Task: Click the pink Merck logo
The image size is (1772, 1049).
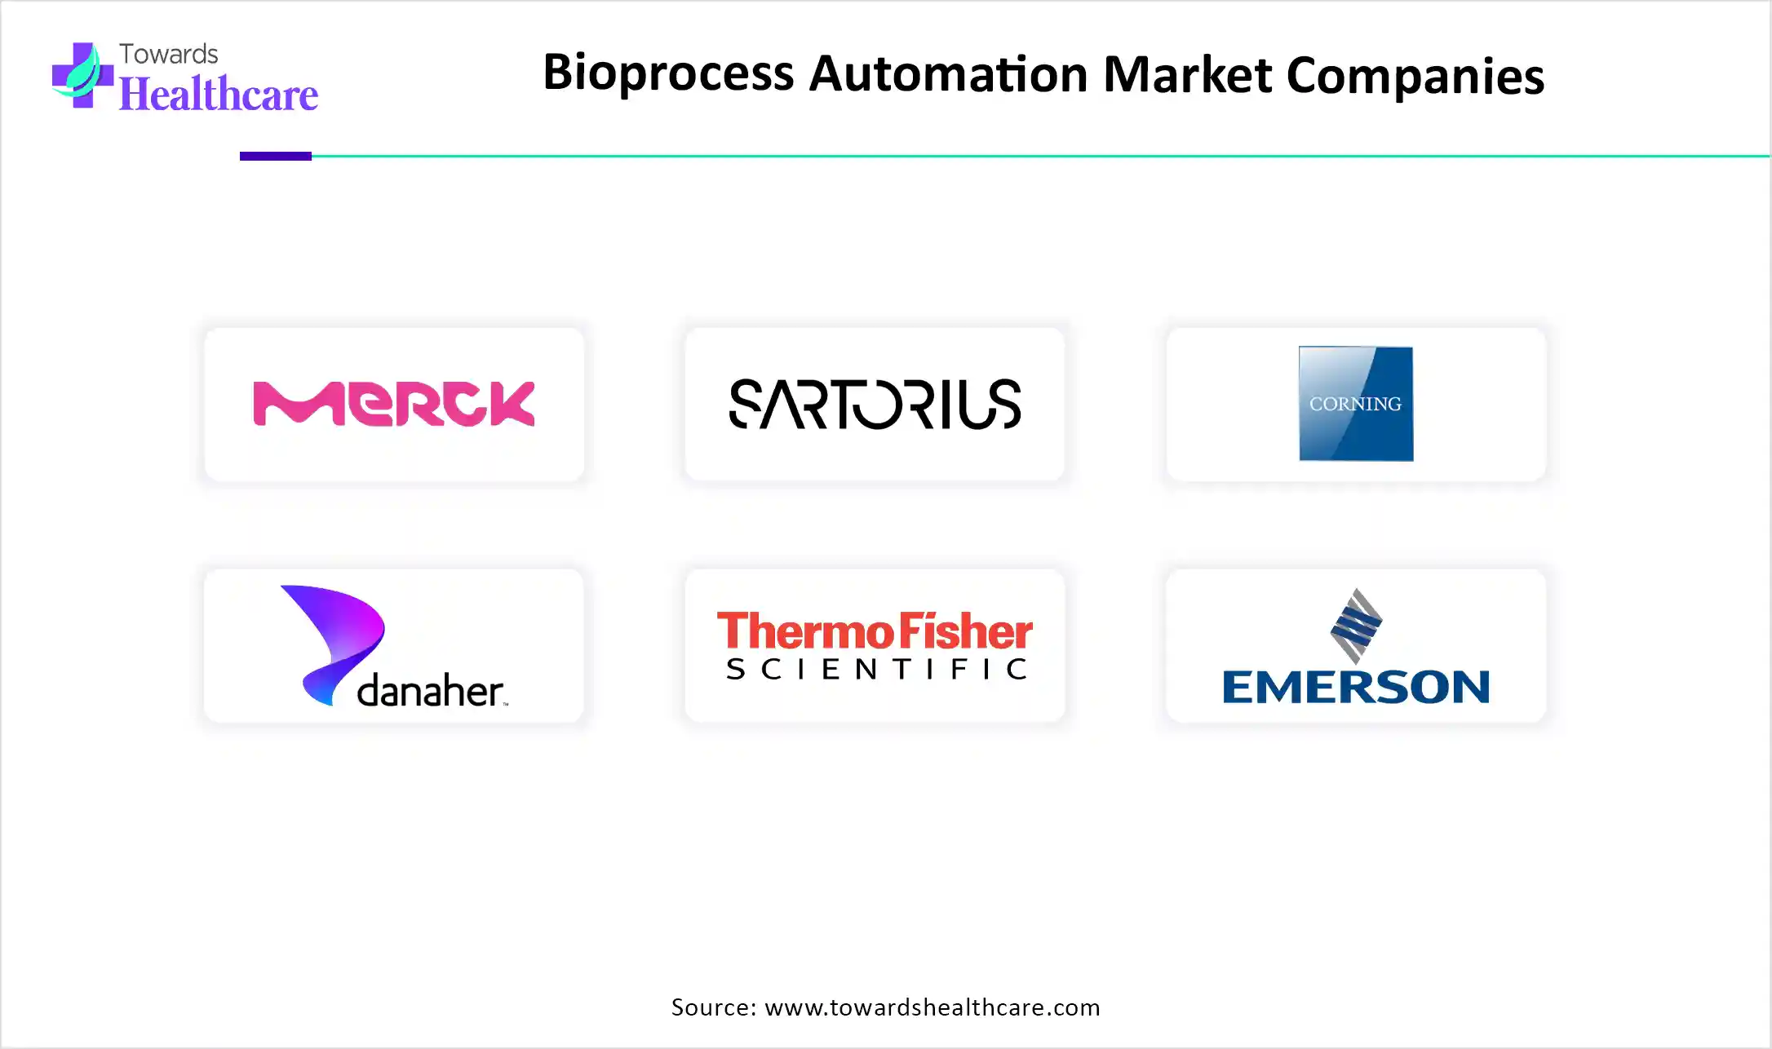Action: [394, 404]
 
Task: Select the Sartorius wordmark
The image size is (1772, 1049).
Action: [875, 404]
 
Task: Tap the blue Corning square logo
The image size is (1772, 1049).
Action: [1356, 404]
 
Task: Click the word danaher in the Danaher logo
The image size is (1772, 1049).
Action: [431, 691]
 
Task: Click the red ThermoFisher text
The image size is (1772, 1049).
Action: [875, 631]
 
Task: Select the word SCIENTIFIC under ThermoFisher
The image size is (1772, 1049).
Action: [875, 670]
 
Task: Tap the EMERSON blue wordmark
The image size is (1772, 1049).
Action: [1356, 687]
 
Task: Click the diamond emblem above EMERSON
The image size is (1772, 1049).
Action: [1356, 626]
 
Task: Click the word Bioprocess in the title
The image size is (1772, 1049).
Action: [668, 73]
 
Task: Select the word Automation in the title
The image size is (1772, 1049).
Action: [948, 73]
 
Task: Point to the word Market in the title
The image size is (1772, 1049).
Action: [1188, 73]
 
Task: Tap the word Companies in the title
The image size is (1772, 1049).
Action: [1415, 75]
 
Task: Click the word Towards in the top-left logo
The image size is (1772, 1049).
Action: [169, 54]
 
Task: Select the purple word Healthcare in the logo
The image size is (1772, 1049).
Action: [219, 94]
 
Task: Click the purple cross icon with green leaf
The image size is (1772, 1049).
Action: [82, 75]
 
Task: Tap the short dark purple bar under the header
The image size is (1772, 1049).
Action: [276, 156]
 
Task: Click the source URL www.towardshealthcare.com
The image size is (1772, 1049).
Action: [933, 1007]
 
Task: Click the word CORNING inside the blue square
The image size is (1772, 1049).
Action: [1355, 404]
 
